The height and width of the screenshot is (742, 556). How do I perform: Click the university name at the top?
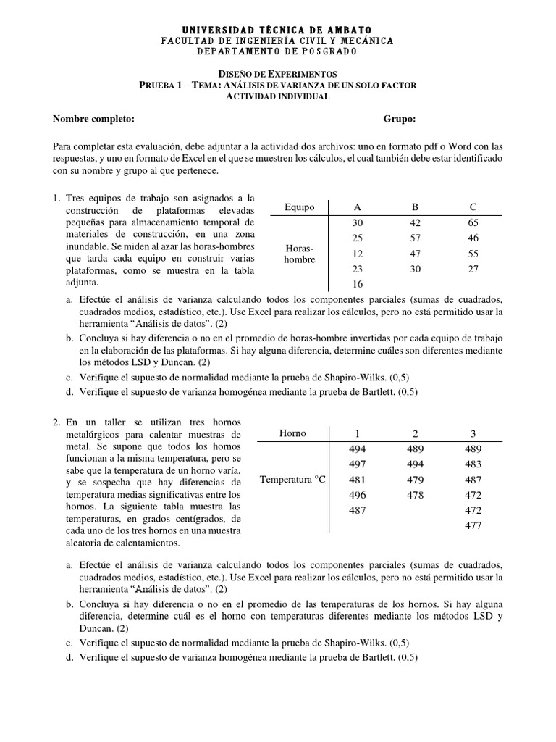point(277,28)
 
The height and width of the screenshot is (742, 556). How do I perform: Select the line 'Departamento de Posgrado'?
point(277,51)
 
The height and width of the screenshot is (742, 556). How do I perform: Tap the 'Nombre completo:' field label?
point(94,120)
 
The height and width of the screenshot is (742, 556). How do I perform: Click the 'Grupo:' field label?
point(400,120)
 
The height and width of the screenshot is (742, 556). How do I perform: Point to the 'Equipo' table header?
point(300,207)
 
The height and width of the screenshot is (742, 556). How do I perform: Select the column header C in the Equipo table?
point(473,207)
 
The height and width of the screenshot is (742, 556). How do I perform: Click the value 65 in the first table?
point(473,223)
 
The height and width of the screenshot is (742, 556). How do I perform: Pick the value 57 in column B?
point(415,238)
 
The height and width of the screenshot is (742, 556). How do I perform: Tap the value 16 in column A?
point(357,285)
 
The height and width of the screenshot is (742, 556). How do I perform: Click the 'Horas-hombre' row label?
point(300,254)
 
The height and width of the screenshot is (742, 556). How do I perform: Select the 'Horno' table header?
point(292,433)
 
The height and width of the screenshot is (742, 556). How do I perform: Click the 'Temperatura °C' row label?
point(292,480)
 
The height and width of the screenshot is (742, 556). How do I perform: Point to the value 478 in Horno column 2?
point(415,495)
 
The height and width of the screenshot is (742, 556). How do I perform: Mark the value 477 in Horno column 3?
point(473,525)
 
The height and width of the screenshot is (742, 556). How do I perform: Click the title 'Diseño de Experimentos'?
point(277,74)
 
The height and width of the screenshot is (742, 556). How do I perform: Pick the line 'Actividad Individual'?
point(277,96)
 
